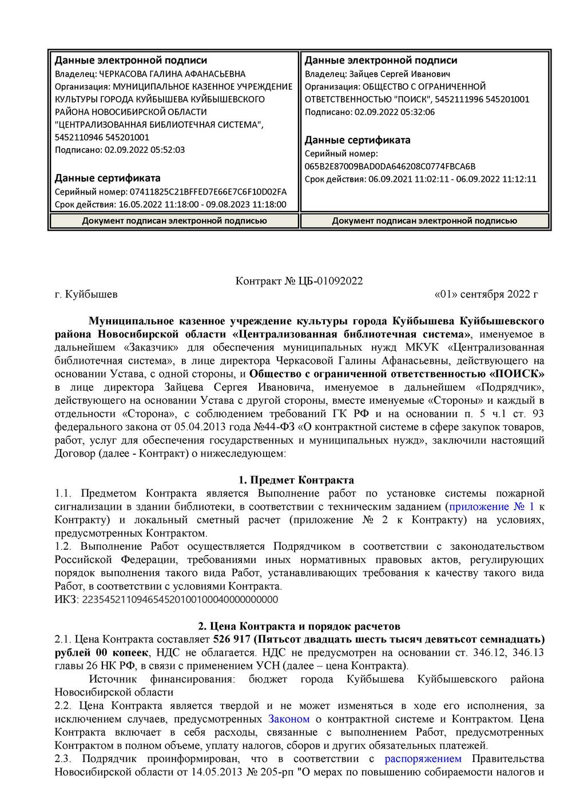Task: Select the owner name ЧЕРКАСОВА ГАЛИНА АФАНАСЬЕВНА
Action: pyautogui.click(x=172, y=74)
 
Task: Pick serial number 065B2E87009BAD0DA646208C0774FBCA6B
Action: pyautogui.click(x=390, y=166)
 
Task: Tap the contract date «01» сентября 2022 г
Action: pyautogui.click(x=486, y=295)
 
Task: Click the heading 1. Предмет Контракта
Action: pyautogui.click(x=296, y=480)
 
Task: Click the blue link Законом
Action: pyautogui.click(x=289, y=719)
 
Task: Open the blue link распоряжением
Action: pyautogui.click(x=423, y=759)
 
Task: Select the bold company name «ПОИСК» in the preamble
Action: pyautogui.click(x=517, y=374)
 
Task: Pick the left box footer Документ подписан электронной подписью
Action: pyautogui.click(x=174, y=221)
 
